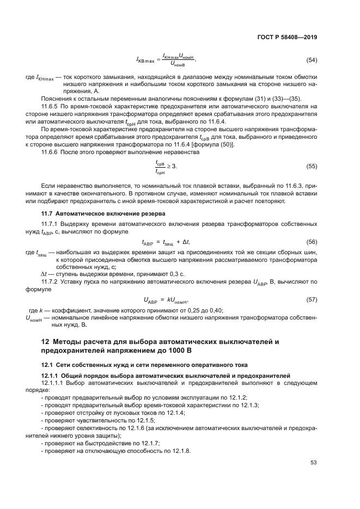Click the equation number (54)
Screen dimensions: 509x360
[x=312, y=60]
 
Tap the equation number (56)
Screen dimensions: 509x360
[x=312, y=242]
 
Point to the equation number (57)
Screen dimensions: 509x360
[x=312, y=299]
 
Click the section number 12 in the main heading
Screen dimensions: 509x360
[x=46, y=341]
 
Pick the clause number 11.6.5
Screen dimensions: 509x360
[x=51, y=106]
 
